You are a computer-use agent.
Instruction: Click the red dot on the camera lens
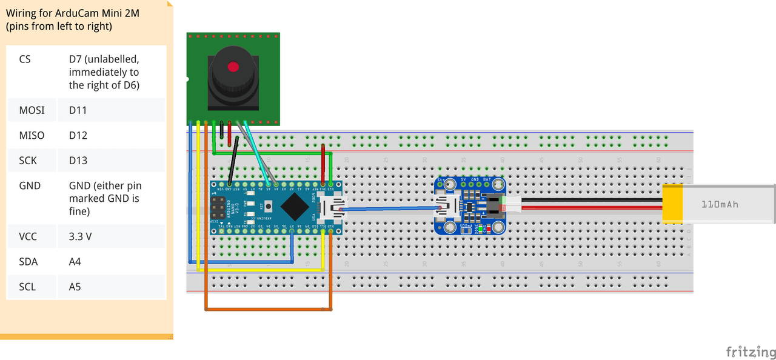tap(233, 67)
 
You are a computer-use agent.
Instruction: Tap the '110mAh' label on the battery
tap(720, 205)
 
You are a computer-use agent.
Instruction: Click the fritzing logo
tap(751, 352)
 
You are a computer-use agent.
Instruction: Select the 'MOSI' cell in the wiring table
tap(32, 110)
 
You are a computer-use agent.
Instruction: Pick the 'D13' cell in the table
tap(78, 161)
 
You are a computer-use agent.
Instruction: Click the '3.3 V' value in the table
tap(81, 236)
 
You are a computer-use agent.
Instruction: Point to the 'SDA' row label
tap(28, 262)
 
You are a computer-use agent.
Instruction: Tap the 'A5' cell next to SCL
tap(75, 287)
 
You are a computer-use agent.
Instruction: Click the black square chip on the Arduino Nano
tap(294, 207)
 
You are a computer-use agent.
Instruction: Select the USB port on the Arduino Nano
tap(333, 208)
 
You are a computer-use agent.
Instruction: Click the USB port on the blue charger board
tap(447, 208)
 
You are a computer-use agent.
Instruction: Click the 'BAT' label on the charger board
tap(487, 180)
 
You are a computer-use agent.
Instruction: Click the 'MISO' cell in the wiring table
tap(32, 135)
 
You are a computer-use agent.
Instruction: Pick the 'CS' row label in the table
tap(25, 59)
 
